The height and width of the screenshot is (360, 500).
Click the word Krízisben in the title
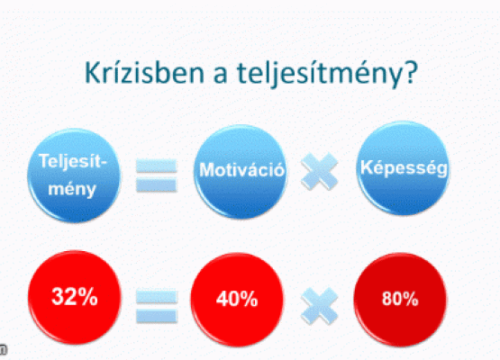(x=144, y=73)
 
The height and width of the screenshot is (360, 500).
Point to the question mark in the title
(x=409, y=72)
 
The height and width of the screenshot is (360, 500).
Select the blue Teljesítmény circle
(x=74, y=175)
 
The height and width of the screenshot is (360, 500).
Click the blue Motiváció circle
(x=241, y=172)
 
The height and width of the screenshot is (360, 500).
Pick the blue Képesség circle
(x=404, y=168)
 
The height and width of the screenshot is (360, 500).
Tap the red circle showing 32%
(x=75, y=297)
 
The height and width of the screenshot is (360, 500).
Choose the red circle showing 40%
(x=237, y=300)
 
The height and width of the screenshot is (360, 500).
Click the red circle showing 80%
(x=400, y=300)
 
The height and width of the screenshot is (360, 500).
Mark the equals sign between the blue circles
(x=156, y=175)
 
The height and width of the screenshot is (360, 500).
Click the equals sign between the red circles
(x=157, y=306)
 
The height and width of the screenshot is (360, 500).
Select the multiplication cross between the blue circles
(x=320, y=171)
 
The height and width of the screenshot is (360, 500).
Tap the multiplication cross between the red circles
(x=320, y=306)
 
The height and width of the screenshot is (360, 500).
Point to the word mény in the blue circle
(x=72, y=189)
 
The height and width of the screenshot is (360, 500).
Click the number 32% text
(x=75, y=297)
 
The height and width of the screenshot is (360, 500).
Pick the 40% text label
(x=237, y=299)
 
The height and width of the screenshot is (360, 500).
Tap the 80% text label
(x=400, y=299)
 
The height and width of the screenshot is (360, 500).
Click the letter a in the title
(x=221, y=76)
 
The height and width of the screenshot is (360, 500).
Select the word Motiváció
(x=241, y=169)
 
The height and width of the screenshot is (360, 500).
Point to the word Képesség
(x=404, y=167)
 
